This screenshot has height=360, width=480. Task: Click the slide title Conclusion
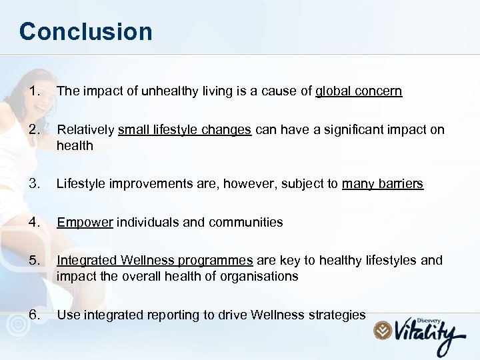(x=85, y=31)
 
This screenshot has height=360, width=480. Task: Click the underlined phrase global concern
(x=359, y=91)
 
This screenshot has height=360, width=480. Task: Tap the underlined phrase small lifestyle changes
(x=185, y=130)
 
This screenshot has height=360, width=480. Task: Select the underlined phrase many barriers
(x=383, y=183)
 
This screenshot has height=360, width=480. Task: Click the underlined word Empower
(x=85, y=222)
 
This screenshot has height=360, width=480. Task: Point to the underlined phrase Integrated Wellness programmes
(x=155, y=261)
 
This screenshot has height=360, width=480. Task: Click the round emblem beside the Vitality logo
(x=383, y=330)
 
